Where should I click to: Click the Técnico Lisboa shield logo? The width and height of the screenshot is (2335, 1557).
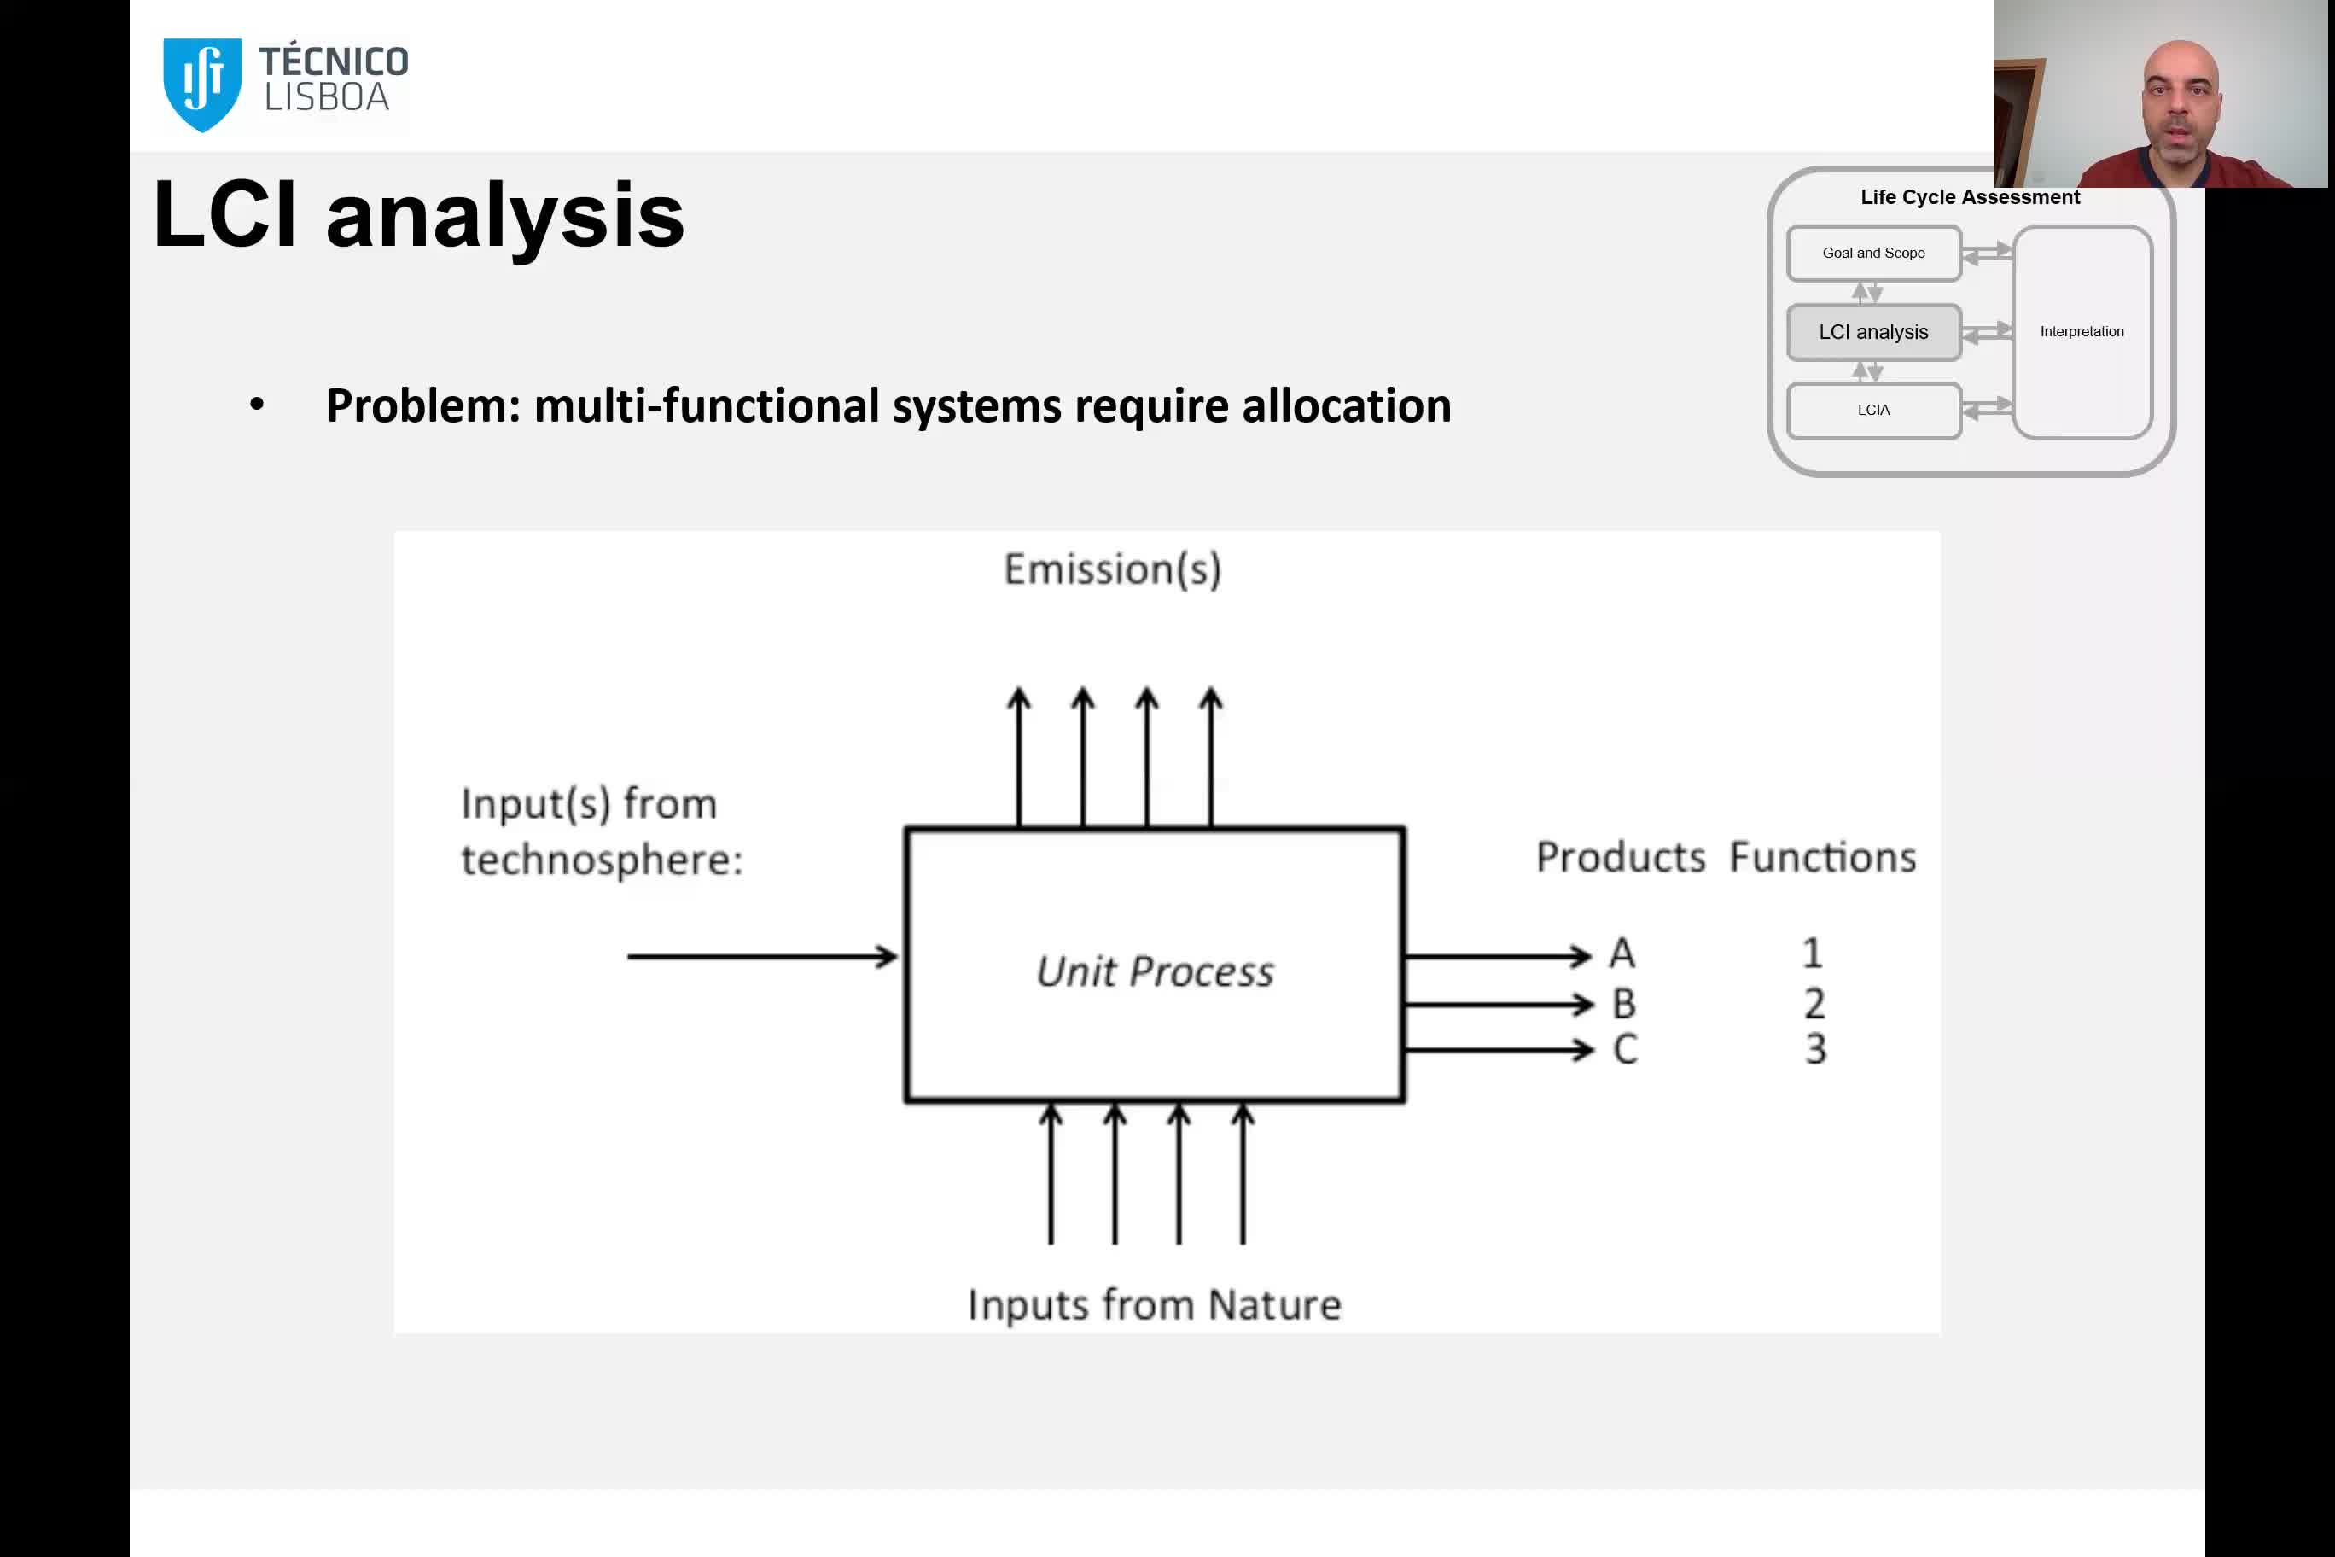pos(202,83)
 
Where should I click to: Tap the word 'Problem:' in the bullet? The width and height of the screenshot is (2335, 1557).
pos(424,406)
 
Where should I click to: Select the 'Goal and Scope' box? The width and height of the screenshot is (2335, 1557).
pos(1873,254)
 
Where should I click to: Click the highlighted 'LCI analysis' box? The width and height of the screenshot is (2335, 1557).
pos(1873,332)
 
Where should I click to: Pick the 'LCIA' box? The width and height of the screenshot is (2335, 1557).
pos(1873,410)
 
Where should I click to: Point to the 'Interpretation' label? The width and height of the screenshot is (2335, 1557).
pos(2082,332)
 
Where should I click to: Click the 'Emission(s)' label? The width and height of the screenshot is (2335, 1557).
pos(1112,569)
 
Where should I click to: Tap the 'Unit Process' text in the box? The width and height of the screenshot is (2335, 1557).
pos(1155,971)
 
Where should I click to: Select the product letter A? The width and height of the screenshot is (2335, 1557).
pos(1622,953)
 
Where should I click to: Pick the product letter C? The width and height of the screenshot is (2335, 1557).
pos(1625,1048)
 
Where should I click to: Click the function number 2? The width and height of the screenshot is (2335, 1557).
pos(1814,1003)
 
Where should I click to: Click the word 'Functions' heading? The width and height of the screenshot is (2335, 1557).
pos(1823,857)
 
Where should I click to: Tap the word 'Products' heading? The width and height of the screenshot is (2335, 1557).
pos(1620,857)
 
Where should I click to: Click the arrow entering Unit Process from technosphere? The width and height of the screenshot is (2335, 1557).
pos(761,956)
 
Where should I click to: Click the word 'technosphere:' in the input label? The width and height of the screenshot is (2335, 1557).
pos(602,860)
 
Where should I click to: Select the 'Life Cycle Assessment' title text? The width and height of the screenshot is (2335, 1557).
pos(1970,196)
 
